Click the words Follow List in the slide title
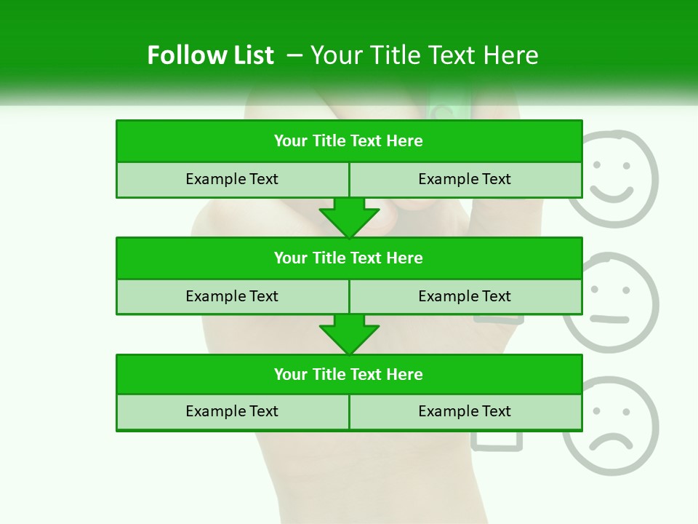tap(210, 55)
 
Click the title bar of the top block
tap(348, 141)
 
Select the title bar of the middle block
tap(348, 258)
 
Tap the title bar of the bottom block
tap(348, 374)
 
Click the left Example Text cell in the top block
tap(232, 179)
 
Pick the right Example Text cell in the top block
tap(465, 179)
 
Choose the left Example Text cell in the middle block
tap(232, 296)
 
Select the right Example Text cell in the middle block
tap(465, 296)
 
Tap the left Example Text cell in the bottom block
tap(232, 411)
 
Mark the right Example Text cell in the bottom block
tap(465, 411)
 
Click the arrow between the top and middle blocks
tap(349, 217)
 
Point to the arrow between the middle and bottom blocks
tap(349, 334)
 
